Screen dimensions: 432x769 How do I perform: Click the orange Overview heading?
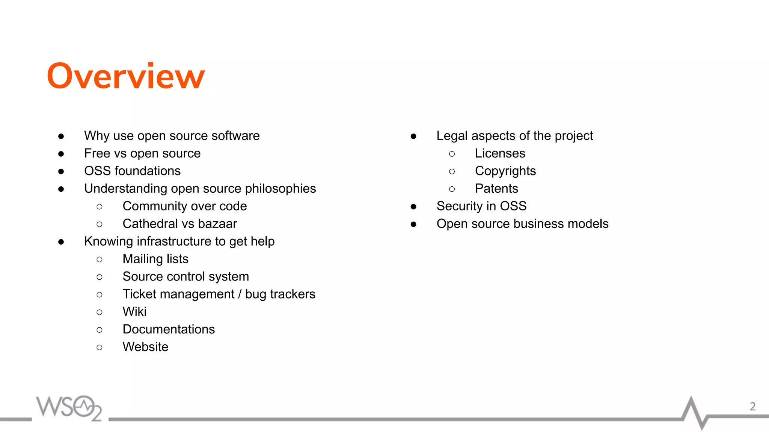pos(126,76)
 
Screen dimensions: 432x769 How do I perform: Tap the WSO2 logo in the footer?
pos(69,408)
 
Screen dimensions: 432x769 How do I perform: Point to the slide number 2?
pos(752,406)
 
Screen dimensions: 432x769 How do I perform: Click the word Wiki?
pos(134,312)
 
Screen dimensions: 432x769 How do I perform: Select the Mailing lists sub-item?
pos(155,259)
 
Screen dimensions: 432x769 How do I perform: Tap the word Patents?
pos(496,189)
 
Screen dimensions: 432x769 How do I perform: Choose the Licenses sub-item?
pos(500,153)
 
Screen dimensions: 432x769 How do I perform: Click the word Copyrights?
pos(505,171)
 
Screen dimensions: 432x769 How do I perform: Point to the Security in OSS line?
pos(481,206)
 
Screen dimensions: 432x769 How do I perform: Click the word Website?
pos(145,347)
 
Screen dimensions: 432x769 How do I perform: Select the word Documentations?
pos(169,329)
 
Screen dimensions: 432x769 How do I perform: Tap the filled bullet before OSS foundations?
pos(61,171)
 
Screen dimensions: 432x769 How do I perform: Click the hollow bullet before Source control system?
pos(100,277)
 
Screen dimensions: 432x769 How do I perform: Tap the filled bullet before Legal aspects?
pos(413,136)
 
